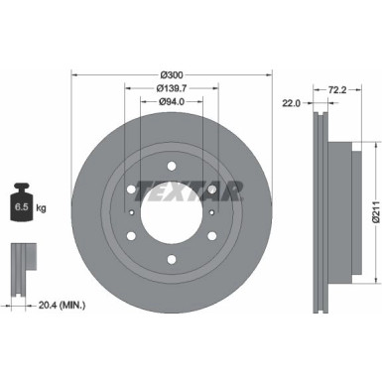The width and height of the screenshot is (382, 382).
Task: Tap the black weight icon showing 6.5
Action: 21,205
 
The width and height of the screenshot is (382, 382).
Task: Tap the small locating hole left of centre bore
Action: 132,210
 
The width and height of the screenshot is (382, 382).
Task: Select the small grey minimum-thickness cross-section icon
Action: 20,263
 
